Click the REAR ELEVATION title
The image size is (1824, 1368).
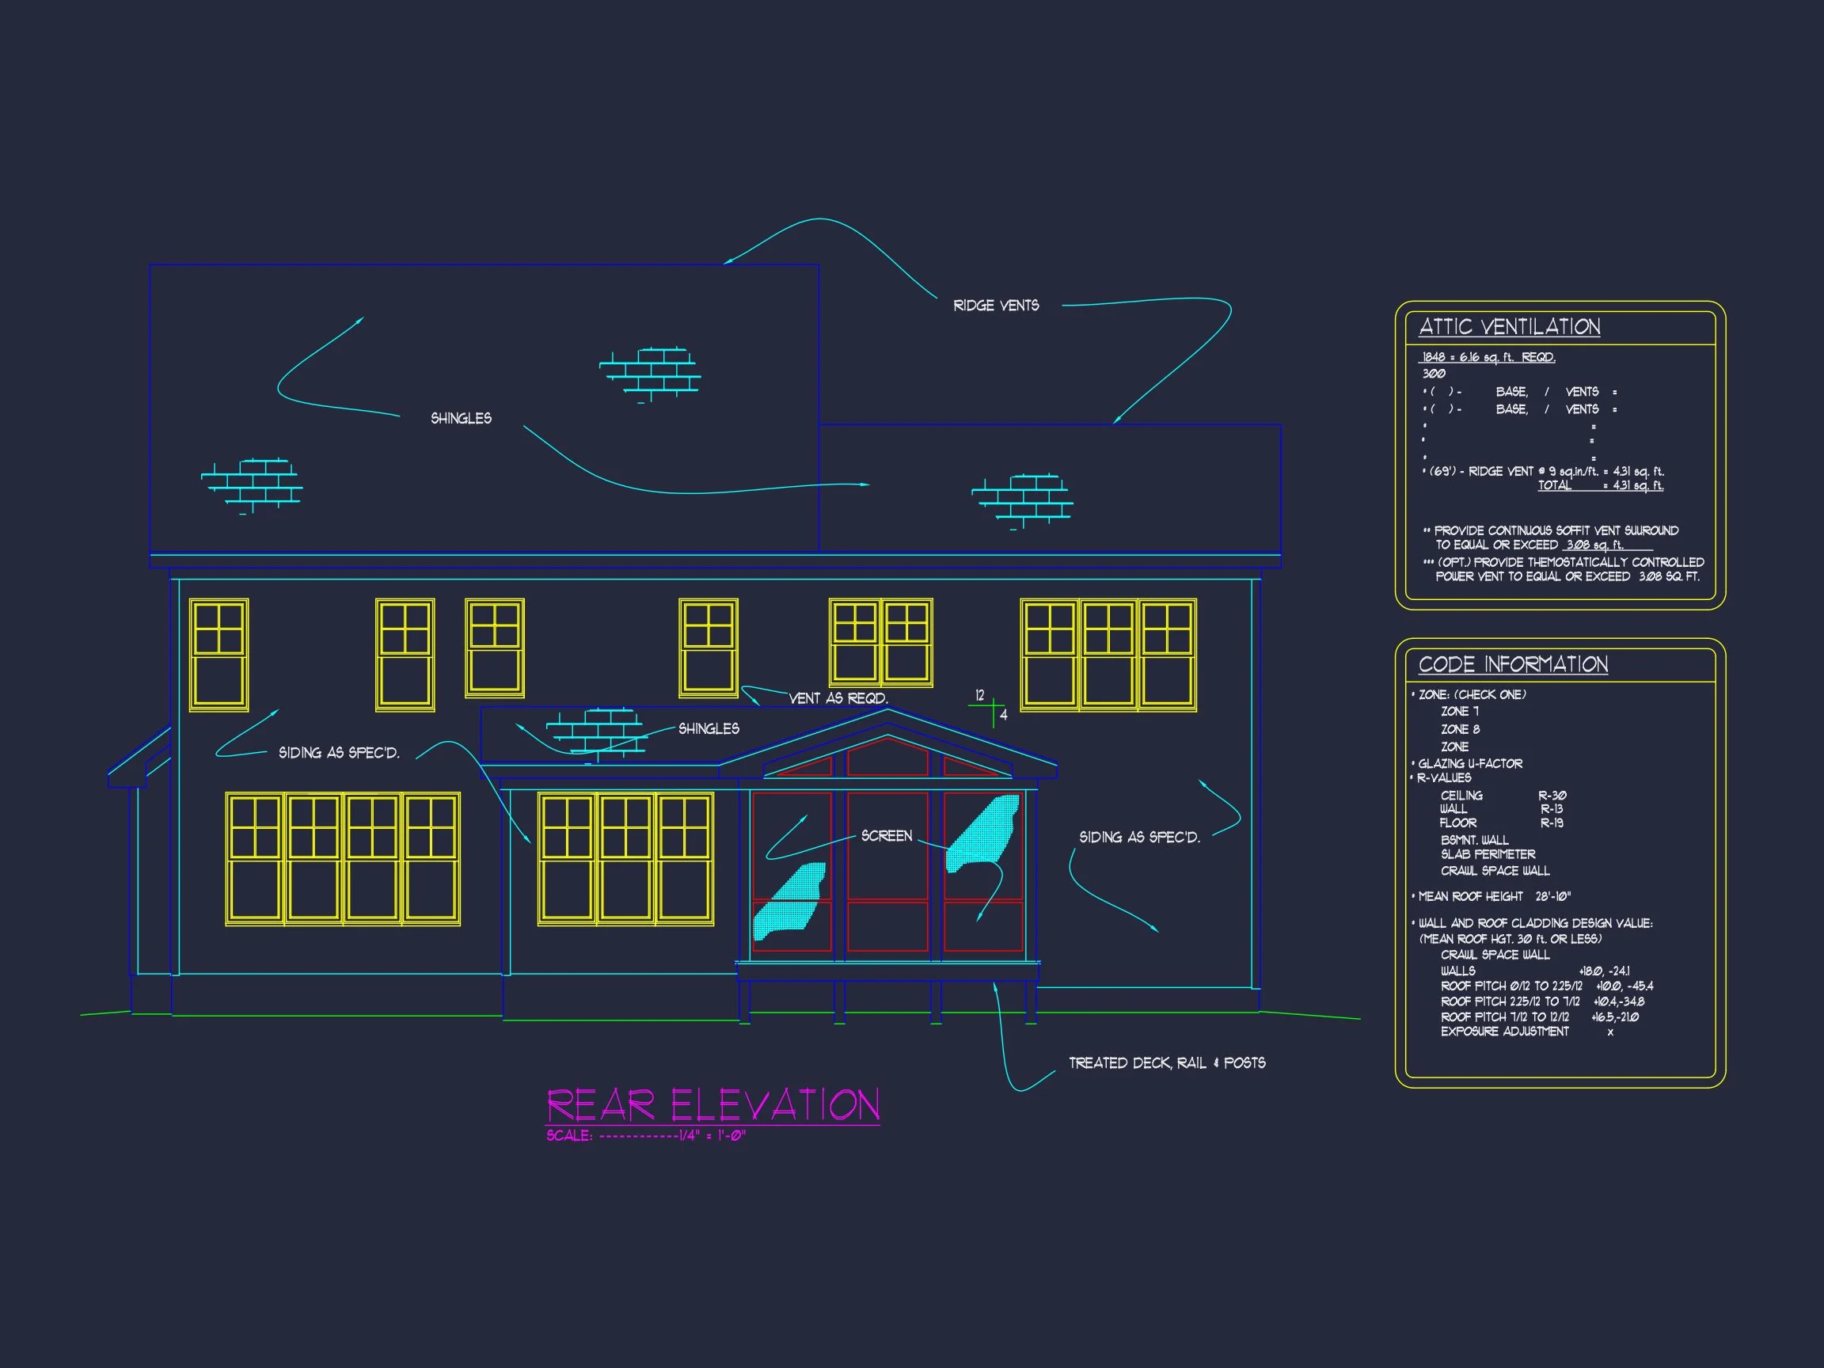(x=713, y=1105)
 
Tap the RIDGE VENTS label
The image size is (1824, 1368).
(x=996, y=306)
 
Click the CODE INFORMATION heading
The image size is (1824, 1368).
(x=1512, y=665)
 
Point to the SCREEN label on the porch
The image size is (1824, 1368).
(x=887, y=836)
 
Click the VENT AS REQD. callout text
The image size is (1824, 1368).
(x=838, y=698)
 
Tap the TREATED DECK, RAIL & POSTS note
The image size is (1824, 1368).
(x=1167, y=1064)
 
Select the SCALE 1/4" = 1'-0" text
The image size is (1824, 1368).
(x=646, y=1135)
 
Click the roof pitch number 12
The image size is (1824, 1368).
(x=979, y=695)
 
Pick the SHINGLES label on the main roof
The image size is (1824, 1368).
(x=461, y=419)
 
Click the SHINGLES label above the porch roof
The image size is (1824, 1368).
(x=709, y=729)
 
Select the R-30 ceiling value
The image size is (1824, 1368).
(x=1552, y=796)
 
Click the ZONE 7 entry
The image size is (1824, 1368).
(x=1460, y=712)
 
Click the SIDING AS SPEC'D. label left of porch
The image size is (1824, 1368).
(x=339, y=753)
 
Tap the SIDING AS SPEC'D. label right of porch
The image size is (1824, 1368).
(x=1139, y=838)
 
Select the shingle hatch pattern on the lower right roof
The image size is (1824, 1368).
(x=1023, y=500)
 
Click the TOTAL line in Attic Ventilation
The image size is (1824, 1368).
(x=1600, y=485)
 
